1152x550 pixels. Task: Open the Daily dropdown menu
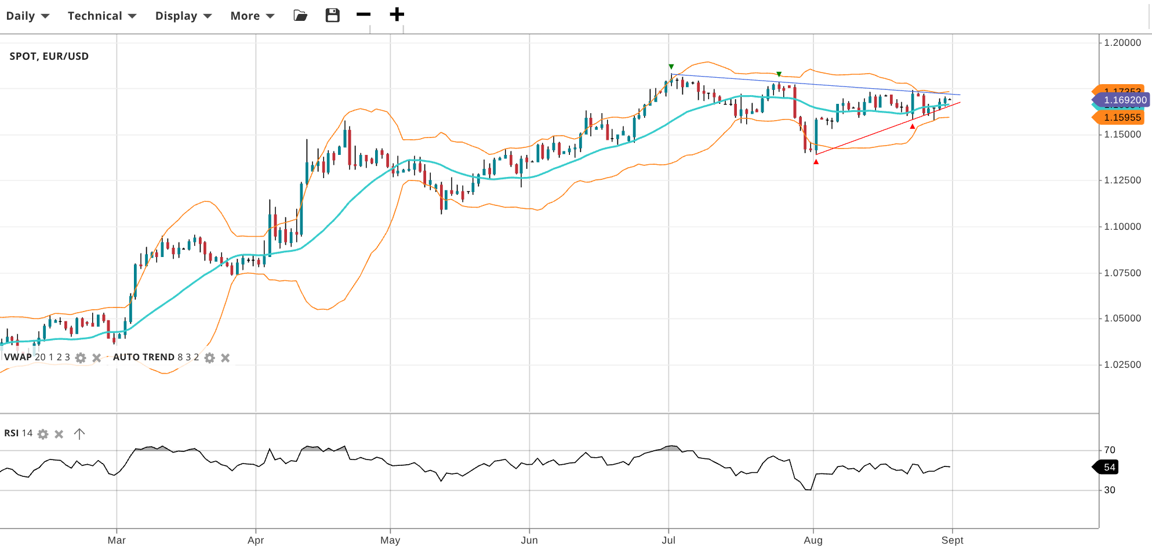[x=27, y=16]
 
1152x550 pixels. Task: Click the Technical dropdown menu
[x=101, y=16]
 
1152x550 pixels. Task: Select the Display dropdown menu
[x=183, y=16]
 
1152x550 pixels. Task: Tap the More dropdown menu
[x=252, y=16]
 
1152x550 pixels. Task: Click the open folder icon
[x=300, y=15]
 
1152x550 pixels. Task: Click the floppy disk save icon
[x=332, y=15]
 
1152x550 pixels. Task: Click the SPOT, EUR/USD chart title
[x=49, y=56]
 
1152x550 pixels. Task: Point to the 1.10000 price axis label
[x=1122, y=226]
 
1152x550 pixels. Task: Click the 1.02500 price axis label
[x=1122, y=364]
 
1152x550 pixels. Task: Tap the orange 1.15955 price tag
[x=1121, y=118]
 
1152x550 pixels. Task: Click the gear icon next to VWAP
[x=81, y=358]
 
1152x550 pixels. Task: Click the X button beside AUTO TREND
[x=226, y=358]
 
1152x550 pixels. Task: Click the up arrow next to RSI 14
[x=79, y=434]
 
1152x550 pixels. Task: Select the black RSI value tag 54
[x=1108, y=467]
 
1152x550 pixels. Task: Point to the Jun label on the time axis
[x=529, y=540]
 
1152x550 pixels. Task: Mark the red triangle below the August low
[x=816, y=162]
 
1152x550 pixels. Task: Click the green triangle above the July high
[x=671, y=67]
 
